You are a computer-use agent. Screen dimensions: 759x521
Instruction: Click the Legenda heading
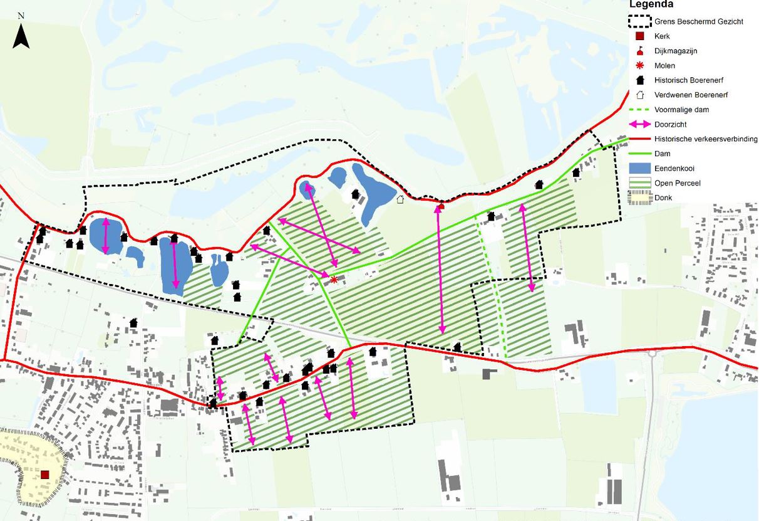pyautogui.click(x=651, y=5)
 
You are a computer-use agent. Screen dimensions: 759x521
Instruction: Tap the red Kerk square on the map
pyautogui.click(x=45, y=475)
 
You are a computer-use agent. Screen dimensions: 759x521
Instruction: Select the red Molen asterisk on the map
pyautogui.click(x=334, y=280)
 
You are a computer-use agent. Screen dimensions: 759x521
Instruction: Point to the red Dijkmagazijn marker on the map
pyautogui.click(x=441, y=205)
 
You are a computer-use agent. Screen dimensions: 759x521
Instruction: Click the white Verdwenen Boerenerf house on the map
pyautogui.click(x=401, y=200)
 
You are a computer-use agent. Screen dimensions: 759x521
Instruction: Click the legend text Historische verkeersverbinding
pyautogui.click(x=706, y=139)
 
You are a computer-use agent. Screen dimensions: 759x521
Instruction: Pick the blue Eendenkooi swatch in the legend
pyautogui.click(x=640, y=169)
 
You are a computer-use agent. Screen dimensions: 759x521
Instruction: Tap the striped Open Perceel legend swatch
pyautogui.click(x=640, y=183)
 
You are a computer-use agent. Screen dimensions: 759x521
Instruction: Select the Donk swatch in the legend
pyautogui.click(x=640, y=198)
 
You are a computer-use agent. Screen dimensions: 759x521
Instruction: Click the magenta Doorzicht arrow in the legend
pyautogui.click(x=640, y=124)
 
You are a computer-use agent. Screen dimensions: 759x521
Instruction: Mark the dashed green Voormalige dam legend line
pyautogui.click(x=640, y=110)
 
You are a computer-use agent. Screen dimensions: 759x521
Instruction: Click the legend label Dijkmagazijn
pyautogui.click(x=676, y=51)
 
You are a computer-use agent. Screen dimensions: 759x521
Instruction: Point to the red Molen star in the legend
pyautogui.click(x=640, y=66)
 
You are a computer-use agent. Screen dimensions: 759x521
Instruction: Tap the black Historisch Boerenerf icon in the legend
pyautogui.click(x=640, y=80)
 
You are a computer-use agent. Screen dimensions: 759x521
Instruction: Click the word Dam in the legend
pyautogui.click(x=663, y=154)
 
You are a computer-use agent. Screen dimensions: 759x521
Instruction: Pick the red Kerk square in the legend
pyautogui.click(x=640, y=36)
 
